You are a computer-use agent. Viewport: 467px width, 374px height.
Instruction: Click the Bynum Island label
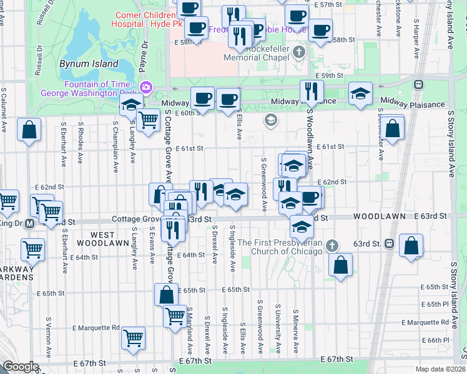point(89,64)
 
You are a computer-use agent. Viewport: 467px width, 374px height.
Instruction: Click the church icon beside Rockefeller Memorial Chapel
point(299,52)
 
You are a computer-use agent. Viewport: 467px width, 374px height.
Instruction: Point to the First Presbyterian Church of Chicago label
point(280,247)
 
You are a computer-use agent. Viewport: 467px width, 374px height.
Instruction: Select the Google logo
point(21,367)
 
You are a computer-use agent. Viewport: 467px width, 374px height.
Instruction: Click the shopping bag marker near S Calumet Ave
point(29,130)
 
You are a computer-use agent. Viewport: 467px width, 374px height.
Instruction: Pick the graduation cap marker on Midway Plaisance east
point(360,93)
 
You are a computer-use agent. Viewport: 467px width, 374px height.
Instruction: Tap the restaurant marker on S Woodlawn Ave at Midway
point(307,92)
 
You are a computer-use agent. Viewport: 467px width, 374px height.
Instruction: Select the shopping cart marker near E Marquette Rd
point(134,338)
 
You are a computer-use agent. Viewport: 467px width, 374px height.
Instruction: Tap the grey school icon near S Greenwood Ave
point(270,120)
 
